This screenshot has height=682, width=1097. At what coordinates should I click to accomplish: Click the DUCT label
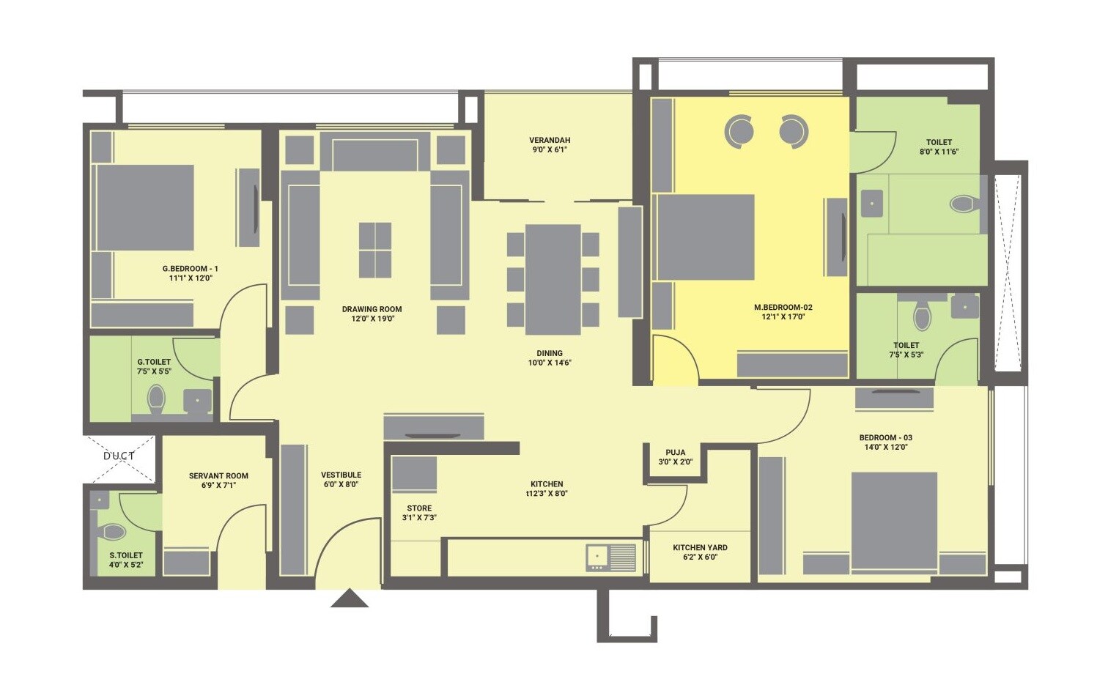point(119,456)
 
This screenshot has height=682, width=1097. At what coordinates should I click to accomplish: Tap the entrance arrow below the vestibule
point(349,598)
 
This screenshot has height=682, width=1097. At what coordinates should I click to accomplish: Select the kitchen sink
point(610,557)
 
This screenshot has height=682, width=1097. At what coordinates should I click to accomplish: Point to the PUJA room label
point(675,453)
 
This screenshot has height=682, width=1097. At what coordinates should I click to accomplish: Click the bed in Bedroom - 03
point(894,520)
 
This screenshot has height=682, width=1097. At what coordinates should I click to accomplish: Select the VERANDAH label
point(550,140)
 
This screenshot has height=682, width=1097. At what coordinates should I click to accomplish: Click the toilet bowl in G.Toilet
point(156,400)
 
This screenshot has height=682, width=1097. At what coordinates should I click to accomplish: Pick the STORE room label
point(419,508)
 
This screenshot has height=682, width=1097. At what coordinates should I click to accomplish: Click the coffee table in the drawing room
point(374,250)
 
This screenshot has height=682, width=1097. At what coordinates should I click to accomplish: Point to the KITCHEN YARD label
point(700,547)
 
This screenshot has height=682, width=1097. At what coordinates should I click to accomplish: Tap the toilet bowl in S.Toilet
point(114,531)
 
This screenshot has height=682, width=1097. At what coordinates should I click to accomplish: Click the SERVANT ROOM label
point(218,475)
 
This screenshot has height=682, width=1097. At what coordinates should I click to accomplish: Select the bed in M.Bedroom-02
point(706,237)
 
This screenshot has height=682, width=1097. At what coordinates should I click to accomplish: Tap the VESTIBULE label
point(341,475)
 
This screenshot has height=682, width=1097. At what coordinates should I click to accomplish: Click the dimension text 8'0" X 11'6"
point(939,152)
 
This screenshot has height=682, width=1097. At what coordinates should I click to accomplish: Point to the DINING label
point(549,353)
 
